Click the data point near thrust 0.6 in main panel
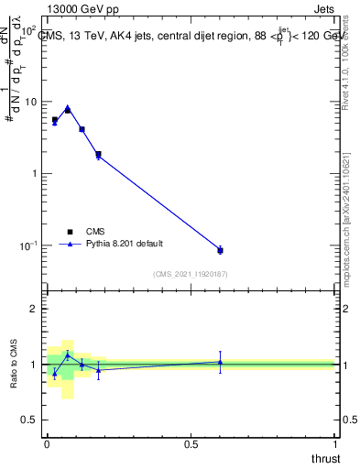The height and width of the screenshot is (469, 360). pyautogui.click(x=220, y=250)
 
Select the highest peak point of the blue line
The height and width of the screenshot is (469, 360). pyautogui.click(x=68, y=107)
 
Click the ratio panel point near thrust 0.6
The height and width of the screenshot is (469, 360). pyautogui.click(x=220, y=362)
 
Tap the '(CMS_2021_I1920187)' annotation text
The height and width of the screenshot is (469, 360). pyautogui.click(x=190, y=273)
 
